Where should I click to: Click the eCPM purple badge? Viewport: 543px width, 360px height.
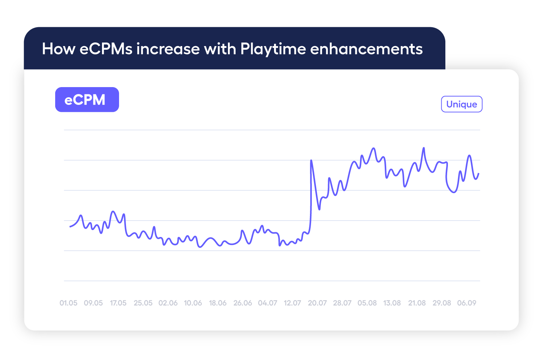click(87, 100)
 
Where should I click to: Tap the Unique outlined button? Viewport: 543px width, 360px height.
click(461, 105)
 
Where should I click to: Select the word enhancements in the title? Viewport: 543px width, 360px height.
click(366, 49)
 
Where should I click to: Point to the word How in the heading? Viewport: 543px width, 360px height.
click(58, 49)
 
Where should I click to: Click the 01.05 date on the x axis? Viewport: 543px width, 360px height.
click(69, 303)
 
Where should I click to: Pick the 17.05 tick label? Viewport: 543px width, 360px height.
click(118, 303)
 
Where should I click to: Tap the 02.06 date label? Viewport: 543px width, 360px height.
click(168, 303)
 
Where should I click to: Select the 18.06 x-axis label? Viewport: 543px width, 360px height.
click(218, 303)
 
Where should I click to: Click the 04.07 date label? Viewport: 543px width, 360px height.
click(268, 303)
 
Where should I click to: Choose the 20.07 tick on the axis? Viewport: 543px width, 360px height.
click(317, 303)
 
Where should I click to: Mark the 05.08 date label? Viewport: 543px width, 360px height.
click(367, 303)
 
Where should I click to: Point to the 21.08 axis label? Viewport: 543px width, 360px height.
click(417, 303)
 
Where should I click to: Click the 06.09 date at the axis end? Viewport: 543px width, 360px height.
click(466, 303)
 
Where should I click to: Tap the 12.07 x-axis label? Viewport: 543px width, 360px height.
click(292, 303)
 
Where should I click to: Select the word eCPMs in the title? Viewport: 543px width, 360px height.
click(106, 49)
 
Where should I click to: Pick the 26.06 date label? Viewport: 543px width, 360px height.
click(242, 303)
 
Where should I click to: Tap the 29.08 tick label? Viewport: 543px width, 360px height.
click(442, 303)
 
